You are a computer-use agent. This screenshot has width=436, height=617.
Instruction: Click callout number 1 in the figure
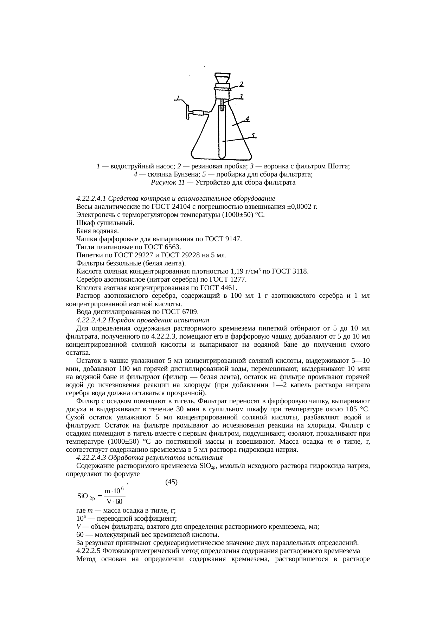coord(178,98)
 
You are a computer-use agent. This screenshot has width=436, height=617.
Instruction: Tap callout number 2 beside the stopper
coord(242,84)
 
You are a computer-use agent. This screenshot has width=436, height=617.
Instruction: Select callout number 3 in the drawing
coord(242,96)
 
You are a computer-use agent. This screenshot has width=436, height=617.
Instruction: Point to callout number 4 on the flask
coord(247,119)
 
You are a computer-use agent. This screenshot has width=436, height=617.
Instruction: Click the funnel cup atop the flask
coord(222,78)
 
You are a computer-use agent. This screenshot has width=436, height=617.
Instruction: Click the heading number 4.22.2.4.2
coord(91,320)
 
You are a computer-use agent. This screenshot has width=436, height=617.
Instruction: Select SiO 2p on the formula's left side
coord(86,497)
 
